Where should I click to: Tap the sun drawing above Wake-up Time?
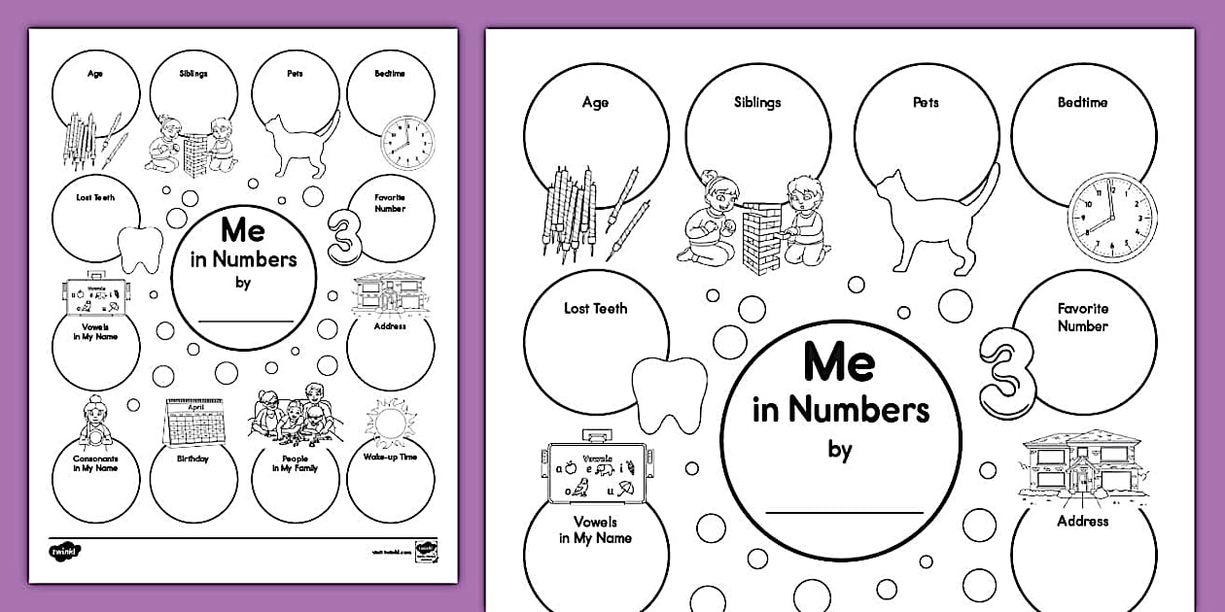389,424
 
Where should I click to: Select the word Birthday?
192,459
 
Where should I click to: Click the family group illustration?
292,412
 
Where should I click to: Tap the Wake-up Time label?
389,457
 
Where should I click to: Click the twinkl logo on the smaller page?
66,552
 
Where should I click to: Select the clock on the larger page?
1104,214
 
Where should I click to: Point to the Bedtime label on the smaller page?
389,73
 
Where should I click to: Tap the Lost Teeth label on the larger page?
596,309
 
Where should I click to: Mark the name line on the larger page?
844,511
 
